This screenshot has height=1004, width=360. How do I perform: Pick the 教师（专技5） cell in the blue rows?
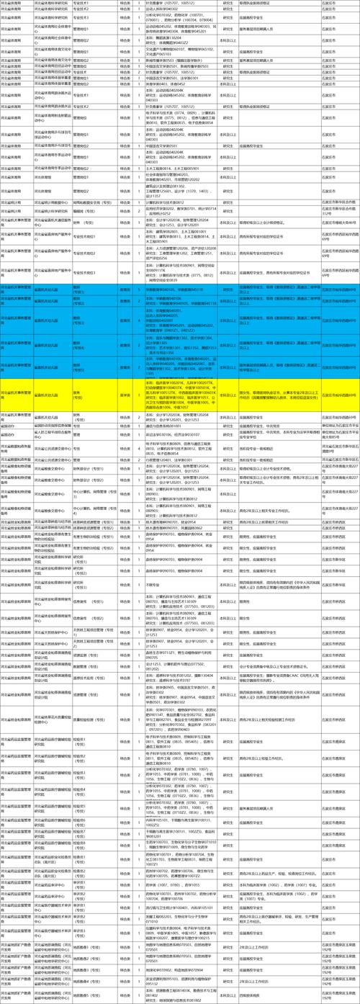pyautogui.click(x=86, y=365)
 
